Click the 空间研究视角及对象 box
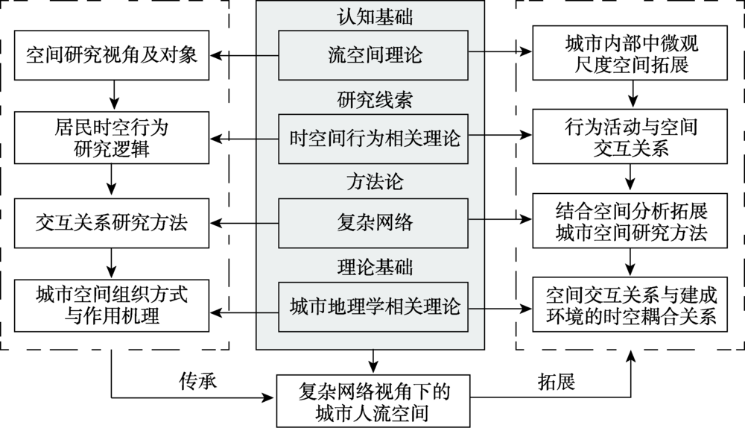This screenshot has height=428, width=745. click(111, 55)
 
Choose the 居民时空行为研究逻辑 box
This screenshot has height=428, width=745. click(111, 139)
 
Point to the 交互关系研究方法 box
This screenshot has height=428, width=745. click(111, 222)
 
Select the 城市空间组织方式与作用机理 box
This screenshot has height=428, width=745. click(111, 306)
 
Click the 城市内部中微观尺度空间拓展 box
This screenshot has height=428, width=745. click(632, 55)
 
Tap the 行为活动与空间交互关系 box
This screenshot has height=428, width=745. click(632, 139)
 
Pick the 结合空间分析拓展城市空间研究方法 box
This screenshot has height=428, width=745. click(632, 222)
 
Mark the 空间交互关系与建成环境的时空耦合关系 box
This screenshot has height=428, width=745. click(632, 306)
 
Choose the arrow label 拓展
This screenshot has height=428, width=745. click(556, 382)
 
